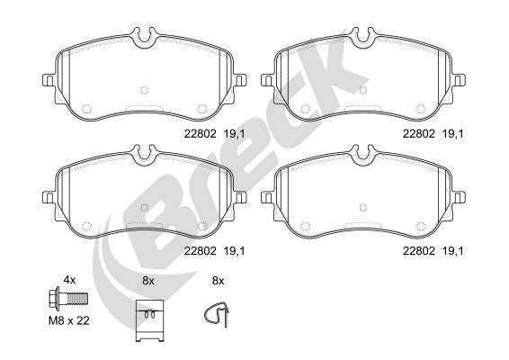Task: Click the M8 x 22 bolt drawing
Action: (67, 299)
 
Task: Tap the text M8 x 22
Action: (69, 320)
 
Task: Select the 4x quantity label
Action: (69, 280)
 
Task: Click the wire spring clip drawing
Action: (217, 314)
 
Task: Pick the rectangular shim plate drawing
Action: (149, 321)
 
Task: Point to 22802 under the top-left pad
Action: (200, 133)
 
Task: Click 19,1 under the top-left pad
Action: (234, 133)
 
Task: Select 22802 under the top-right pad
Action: (419, 133)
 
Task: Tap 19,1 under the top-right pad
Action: (453, 133)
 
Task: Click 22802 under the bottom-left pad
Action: (200, 251)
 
